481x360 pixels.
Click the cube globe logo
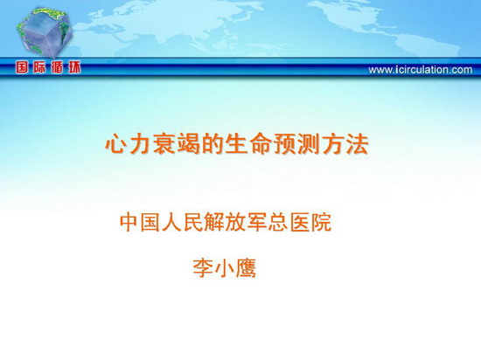pyautogui.click(x=45, y=31)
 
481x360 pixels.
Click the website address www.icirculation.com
pyautogui.click(x=421, y=70)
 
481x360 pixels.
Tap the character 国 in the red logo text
pyautogui.click(x=23, y=67)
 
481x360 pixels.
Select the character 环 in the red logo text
pyautogui.click(x=74, y=67)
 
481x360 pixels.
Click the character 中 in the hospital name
pyautogui.click(x=129, y=223)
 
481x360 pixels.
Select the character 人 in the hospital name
pyautogui.click(x=171, y=223)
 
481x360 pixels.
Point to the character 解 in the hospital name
pyautogui.click(x=214, y=223)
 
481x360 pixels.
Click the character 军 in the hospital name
pyautogui.click(x=257, y=223)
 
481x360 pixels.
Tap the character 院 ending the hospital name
pyautogui.click(x=321, y=223)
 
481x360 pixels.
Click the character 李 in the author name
pyautogui.click(x=203, y=268)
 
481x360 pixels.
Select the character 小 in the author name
pyautogui.click(x=225, y=268)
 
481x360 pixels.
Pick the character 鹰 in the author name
pyautogui.click(x=246, y=268)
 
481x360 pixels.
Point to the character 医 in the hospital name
pyautogui.click(x=299, y=223)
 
